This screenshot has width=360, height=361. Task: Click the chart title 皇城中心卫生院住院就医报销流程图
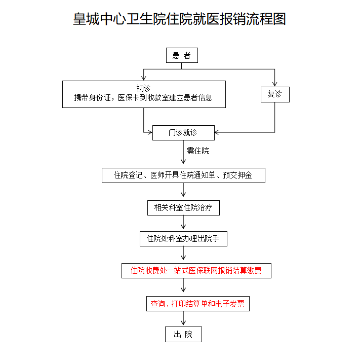click(x=180, y=19)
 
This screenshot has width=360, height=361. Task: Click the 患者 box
click(x=182, y=55)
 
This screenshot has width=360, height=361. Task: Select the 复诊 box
click(x=275, y=94)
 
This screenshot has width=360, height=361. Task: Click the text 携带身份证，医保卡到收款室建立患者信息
click(x=143, y=98)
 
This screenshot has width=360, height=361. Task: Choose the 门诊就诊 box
click(x=183, y=133)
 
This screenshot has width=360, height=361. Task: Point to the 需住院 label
click(x=197, y=151)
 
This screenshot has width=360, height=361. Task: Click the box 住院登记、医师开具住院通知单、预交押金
click(x=183, y=175)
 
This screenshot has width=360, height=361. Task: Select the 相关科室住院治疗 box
click(x=183, y=207)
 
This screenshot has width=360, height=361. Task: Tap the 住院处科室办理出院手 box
click(x=183, y=238)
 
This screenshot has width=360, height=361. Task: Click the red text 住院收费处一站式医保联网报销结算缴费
click(x=196, y=271)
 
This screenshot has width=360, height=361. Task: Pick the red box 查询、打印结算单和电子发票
click(x=197, y=304)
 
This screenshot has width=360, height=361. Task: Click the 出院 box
click(x=183, y=334)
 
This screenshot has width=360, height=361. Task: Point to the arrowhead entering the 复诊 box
click(x=275, y=84)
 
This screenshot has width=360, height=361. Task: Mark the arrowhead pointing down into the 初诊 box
click(x=144, y=77)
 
